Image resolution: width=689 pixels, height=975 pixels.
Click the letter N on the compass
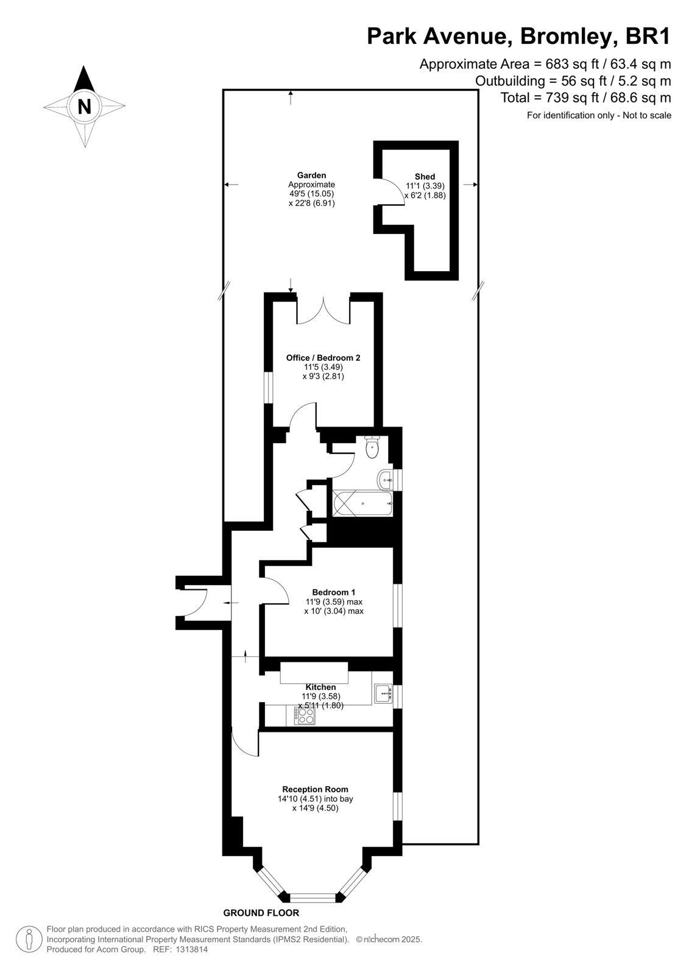point(84,106)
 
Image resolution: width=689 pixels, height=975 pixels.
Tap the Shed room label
point(425,176)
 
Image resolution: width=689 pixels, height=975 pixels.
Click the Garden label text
point(312,175)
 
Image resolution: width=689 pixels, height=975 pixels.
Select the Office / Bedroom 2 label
point(323,358)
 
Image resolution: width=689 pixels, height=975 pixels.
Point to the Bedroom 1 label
point(333,592)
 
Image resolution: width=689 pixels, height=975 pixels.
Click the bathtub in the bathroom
point(362,504)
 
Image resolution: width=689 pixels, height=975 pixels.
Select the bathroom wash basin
point(385,480)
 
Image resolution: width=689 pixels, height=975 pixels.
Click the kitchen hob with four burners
point(305,715)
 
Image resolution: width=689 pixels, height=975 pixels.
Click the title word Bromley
point(569,37)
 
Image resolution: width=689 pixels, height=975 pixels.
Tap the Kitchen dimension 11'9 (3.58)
point(321,696)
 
